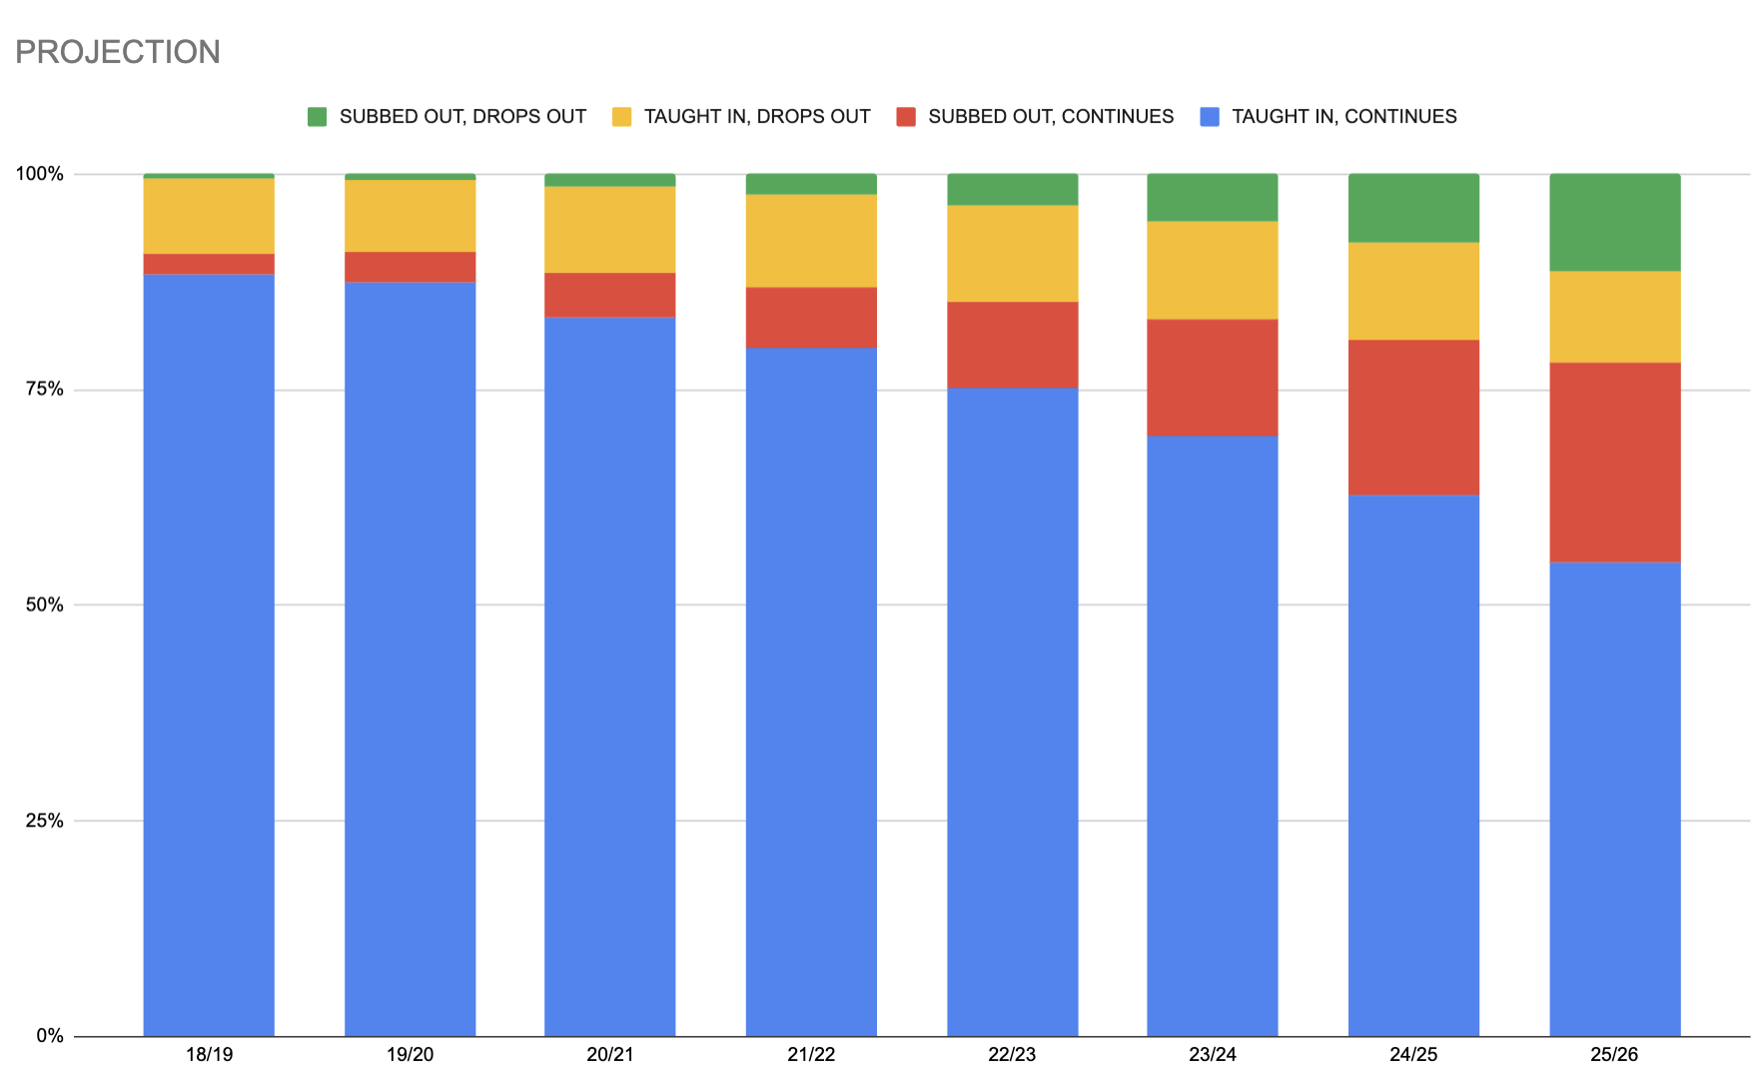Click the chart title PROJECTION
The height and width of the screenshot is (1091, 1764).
118,52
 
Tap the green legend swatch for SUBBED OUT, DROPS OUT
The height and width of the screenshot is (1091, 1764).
317,117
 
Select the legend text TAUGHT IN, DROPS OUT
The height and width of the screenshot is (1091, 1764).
756,117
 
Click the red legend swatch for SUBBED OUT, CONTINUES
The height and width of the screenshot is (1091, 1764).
906,117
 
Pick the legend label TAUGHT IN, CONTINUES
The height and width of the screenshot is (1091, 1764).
1343,117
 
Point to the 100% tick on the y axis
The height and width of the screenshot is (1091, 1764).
39,174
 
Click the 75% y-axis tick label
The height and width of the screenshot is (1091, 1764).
43,390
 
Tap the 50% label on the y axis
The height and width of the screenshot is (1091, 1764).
43,605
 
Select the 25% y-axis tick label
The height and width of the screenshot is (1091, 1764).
43,821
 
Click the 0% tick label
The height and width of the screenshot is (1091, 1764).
49,1036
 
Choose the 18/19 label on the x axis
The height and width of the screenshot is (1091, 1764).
209,1055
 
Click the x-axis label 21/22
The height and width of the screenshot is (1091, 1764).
811,1055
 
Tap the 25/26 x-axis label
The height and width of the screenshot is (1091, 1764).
1614,1055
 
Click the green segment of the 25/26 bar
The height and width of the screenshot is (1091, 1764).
1614,223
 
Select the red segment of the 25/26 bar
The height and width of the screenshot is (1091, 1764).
1614,462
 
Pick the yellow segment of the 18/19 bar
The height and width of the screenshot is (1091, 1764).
209,216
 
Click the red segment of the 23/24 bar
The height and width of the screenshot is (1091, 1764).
1212,377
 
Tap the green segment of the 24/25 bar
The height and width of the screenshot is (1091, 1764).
1413,208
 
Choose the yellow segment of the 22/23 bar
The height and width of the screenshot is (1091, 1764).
1012,253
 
